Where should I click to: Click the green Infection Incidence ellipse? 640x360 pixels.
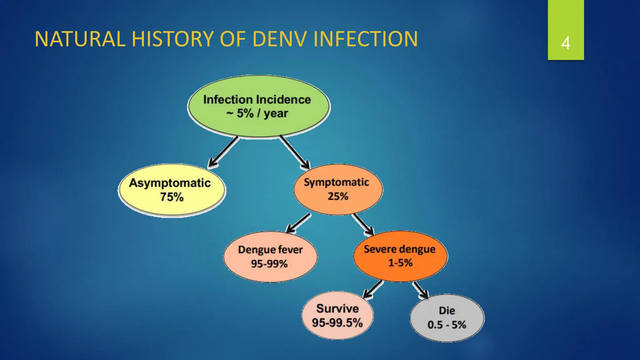click(x=258, y=106)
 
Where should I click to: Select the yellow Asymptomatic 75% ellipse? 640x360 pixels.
click(x=171, y=190)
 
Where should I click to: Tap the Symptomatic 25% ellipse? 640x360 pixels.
click(x=338, y=189)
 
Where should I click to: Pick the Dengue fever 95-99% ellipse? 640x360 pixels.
click(x=270, y=257)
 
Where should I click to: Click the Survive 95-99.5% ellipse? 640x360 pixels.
click(x=337, y=315)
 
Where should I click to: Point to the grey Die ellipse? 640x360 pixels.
click(x=447, y=318)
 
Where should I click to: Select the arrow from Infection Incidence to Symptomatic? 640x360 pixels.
click(x=294, y=152)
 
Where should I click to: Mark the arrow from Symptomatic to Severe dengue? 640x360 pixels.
click(x=363, y=224)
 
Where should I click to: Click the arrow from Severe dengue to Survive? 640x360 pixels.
click(x=373, y=289)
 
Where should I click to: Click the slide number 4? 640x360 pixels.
click(x=565, y=43)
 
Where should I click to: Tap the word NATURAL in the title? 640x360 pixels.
click(x=80, y=39)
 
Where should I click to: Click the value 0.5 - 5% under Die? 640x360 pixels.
click(x=447, y=325)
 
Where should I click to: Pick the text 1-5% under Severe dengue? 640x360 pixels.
click(x=400, y=263)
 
